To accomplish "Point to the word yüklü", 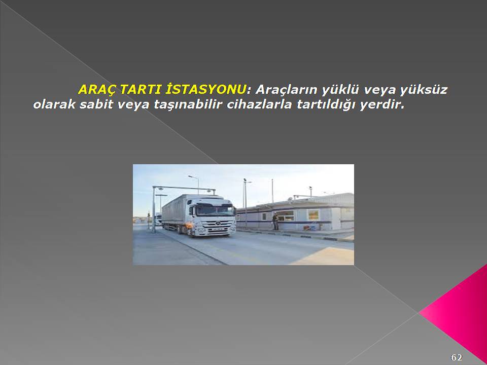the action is (x=340, y=90).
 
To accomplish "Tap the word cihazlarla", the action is (x=259, y=104).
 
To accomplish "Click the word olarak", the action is (x=54, y=104).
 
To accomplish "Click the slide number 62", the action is (x=456, y=357).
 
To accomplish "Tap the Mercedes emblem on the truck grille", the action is (x=218, y=223).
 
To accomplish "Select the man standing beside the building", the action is (x=275, y=221).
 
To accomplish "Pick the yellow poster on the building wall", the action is (x=314, y=214).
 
